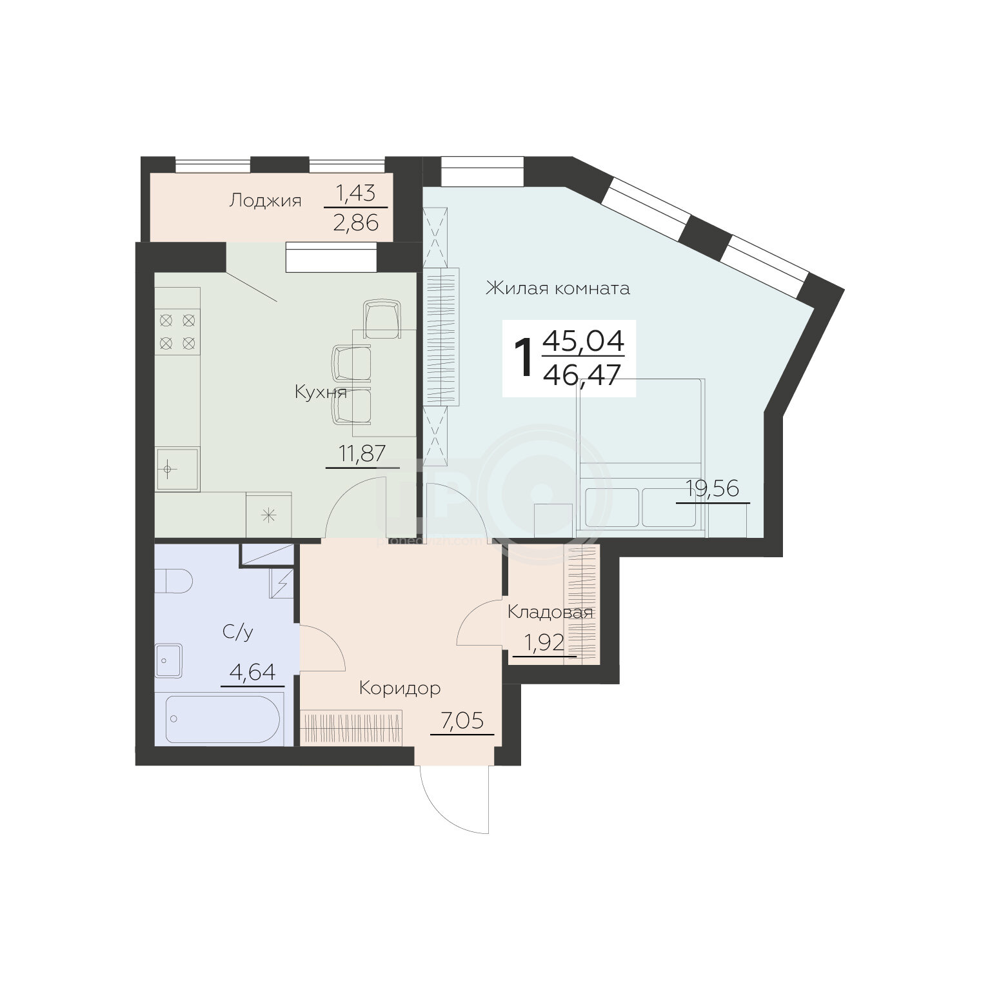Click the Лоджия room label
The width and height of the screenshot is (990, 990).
click(265, 201)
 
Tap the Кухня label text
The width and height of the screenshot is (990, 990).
click(321, 392)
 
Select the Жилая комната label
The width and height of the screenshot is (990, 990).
click(558, 288)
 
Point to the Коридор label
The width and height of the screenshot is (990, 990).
click(400, 689)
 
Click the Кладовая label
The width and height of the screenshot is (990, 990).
click(550, 612)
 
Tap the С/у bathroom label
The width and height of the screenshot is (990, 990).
click(238, 632)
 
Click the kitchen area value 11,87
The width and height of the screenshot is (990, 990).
click(362, 453)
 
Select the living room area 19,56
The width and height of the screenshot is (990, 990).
click(713, 489)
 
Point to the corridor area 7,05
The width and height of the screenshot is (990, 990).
click(462, 720)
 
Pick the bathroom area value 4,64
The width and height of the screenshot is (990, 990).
click(253, 673)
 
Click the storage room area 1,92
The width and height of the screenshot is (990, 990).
click(544, 643)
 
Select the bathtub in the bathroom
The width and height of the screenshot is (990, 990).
click(223, 719)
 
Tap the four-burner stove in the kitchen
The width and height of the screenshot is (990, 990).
click(177, 330)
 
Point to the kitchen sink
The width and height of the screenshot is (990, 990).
click(178, 469)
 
